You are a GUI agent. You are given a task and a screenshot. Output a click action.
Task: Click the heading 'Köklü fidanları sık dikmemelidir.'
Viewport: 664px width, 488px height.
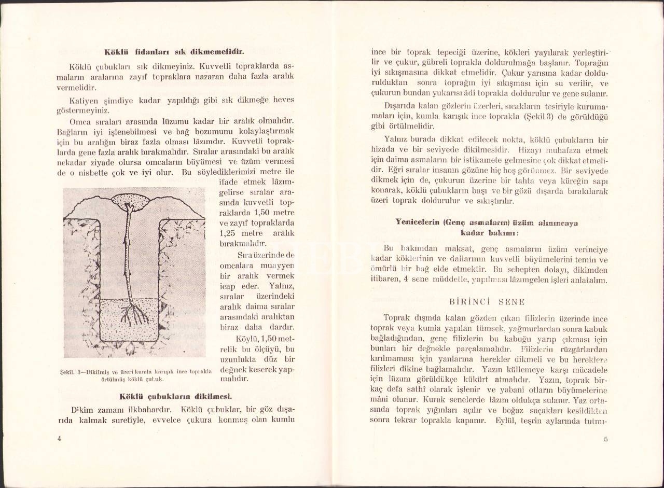pos(174,52)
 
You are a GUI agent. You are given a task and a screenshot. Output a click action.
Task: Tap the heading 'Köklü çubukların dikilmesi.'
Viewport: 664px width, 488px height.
pos(175,397)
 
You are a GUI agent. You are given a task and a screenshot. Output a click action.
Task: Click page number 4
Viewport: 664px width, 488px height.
pos(60,438)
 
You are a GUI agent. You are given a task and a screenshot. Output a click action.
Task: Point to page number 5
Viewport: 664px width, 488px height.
pos(605,439)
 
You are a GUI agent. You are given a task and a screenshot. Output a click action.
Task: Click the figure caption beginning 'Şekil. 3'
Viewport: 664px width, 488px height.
pos(134,374)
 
